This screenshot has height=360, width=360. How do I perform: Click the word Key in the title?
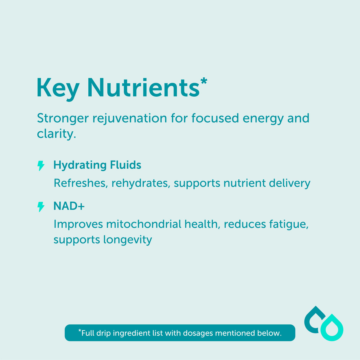click(58, 89)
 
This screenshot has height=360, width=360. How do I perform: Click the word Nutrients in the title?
click(144, 87)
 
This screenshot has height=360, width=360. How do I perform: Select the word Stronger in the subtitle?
click(63, 119)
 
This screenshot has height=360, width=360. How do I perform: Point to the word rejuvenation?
click(130, 119)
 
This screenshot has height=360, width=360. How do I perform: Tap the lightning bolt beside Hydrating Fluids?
click(41, 165)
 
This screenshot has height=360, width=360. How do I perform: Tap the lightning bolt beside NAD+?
click(41, 207)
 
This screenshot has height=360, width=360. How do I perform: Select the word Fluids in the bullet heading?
click(125, 165)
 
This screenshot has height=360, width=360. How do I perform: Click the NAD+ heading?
click(69, 206)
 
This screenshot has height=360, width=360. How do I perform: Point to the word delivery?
click(289, 183)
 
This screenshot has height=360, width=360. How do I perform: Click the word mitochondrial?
click(144, 224)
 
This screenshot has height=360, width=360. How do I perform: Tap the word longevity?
click(128, 240)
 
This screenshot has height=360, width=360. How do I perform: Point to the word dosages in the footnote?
click(198, 333)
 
